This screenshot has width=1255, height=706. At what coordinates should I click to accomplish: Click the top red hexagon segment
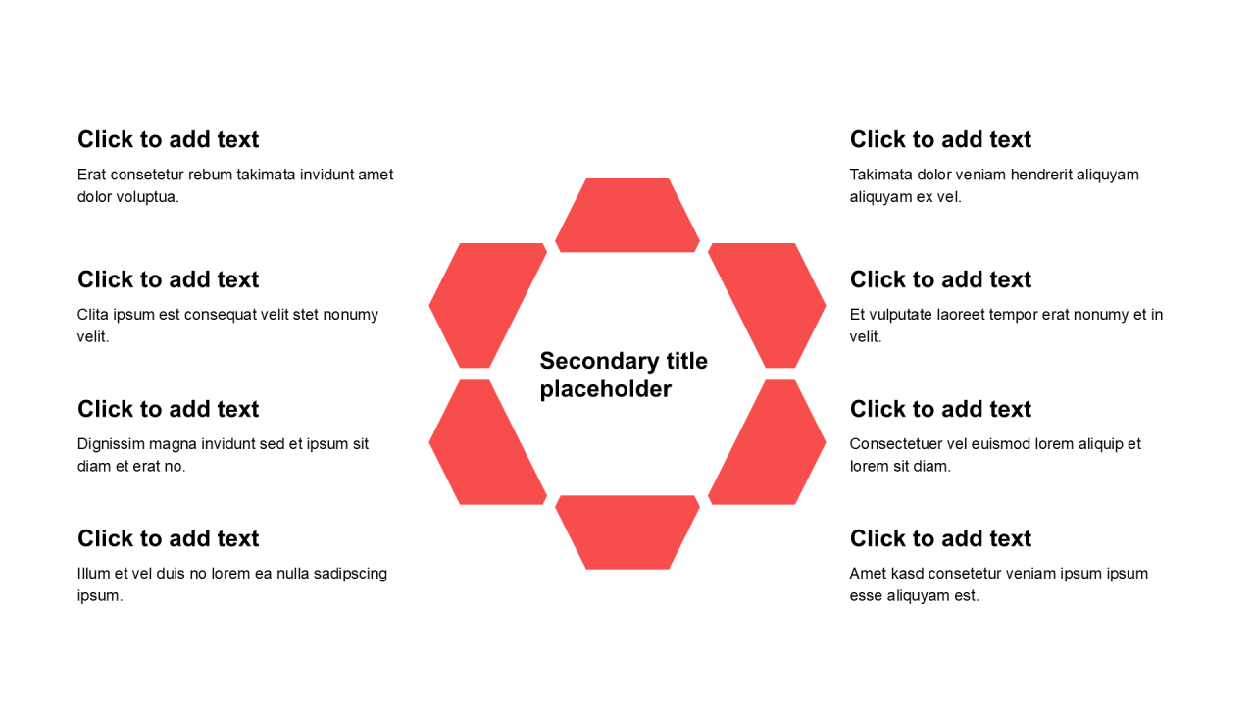pyautogui.click(x=627, y=216)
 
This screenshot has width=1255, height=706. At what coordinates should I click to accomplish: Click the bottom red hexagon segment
pyautogui.click(x=627, y=532)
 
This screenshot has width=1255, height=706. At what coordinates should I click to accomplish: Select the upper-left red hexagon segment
pyautogui.click(x=487, y=305)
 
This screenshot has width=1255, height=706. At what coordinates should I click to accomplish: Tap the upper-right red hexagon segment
pyautogui.click(x=768, y=305)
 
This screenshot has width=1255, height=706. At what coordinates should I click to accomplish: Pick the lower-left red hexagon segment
pyautogui.click(x=487, y=442)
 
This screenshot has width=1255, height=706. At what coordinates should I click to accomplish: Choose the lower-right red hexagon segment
pyautogui.click(x=768, y=442)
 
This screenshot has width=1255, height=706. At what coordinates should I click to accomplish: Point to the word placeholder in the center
pyautogui.click(x=606, y=389)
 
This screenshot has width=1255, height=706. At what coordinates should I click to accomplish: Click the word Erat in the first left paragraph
pyautogui.click(x=91, y=175)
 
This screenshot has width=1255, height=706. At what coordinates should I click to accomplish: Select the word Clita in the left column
pyautogui.click(x=92, y=315)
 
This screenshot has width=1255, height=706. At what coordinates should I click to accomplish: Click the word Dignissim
pyautogui.click(x=111, y=444)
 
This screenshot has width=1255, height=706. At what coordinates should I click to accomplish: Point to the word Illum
pyautogui.click(x=93, y=574)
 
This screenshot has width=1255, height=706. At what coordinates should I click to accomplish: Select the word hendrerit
pyautogui.click(x=1041, y=175)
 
